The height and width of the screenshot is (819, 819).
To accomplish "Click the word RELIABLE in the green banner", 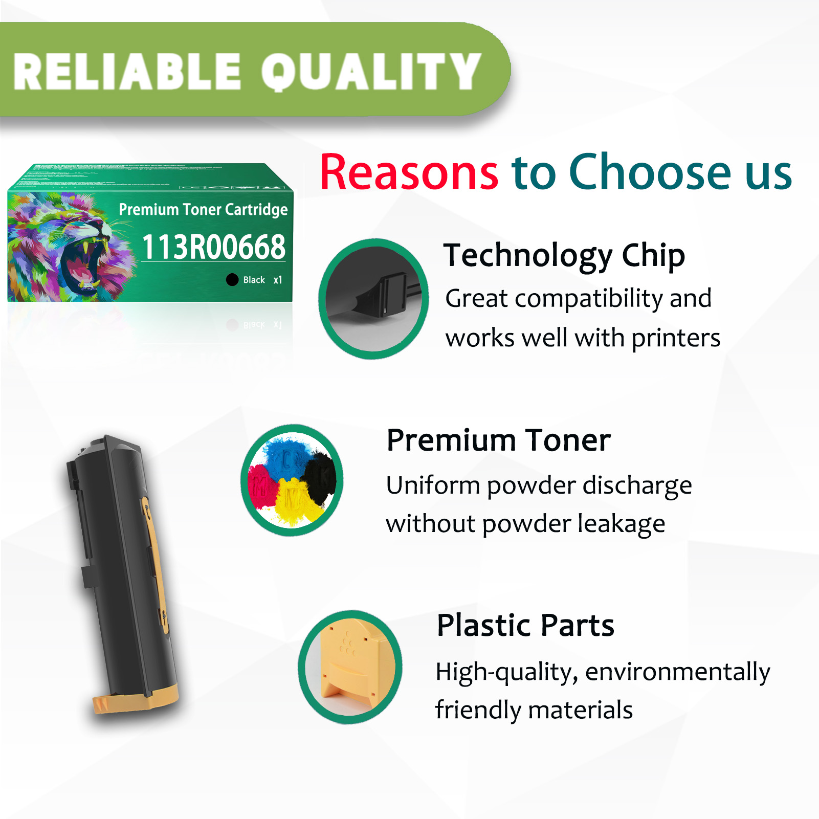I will point(127,72).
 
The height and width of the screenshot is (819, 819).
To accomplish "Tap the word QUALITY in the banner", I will point(371,72).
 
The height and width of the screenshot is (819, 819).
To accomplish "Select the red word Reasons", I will point(409,173).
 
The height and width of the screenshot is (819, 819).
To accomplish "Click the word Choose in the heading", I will point(650,173).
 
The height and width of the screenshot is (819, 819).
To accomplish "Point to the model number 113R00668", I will point(213,247).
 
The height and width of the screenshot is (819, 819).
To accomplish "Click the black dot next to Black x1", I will point(232,279).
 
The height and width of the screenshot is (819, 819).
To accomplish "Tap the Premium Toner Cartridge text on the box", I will point(203,209).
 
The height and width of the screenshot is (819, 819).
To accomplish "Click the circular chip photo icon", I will point(373,299).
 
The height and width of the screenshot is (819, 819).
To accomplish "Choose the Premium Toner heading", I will point(499,440).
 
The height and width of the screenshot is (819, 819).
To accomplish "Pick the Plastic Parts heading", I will point(525,625).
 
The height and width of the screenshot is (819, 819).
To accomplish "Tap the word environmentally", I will point(678,672).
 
